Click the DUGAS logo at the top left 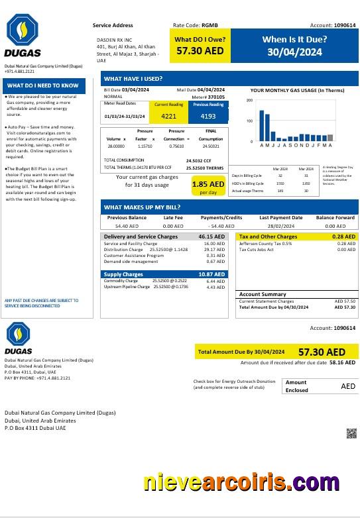(x=23, y=36)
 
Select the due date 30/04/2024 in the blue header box (x=294, y=52)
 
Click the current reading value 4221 (x=170, y=116)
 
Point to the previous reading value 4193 (x=208, y=116)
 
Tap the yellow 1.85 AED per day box (x=208, y=186)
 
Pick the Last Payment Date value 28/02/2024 (x=280, y=226)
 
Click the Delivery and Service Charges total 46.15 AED (x=212, y=236)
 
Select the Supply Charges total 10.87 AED (x=212, y=274)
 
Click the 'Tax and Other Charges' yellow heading (x=268, y=236)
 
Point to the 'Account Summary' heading (x=263, y=294)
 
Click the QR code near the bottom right (x=351, y=434)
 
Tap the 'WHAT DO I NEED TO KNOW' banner (x=43, y=85)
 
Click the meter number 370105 (x=216, y=97)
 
